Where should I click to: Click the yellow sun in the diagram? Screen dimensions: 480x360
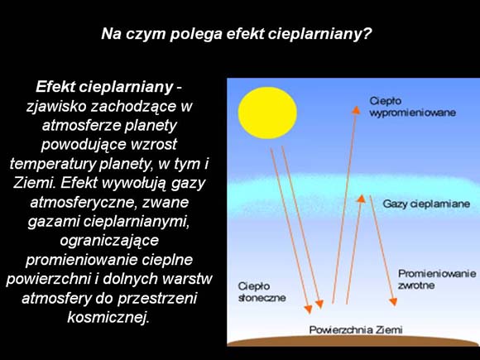point(267,113)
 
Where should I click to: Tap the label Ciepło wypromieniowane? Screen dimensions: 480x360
point(413,107)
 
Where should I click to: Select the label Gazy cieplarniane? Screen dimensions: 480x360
point(426,204)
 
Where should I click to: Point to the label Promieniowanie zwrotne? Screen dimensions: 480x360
point(437,279)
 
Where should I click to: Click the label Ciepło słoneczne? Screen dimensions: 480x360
point(262,292)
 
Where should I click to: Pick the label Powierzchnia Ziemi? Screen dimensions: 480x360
point(356,330)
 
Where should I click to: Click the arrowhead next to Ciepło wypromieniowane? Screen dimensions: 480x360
point(356,110)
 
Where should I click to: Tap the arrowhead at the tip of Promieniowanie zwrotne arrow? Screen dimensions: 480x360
point(393,302)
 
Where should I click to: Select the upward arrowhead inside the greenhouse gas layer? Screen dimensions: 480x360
point(361,199)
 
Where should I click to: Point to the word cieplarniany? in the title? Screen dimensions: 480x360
point(319,34)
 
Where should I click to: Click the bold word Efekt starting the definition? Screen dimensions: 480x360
point(55,87)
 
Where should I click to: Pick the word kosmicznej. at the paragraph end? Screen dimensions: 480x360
point(108,317)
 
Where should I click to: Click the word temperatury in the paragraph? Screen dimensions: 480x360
point(53,164)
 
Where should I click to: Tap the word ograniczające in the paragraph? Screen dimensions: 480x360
point(109,241)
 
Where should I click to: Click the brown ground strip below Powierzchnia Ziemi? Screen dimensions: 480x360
point(353,341)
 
